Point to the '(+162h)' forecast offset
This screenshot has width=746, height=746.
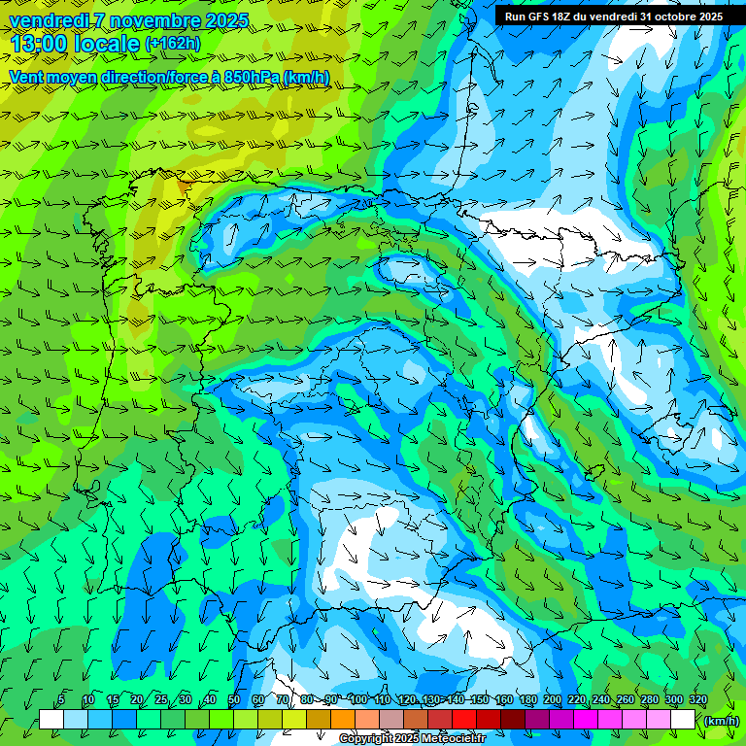[172, 44]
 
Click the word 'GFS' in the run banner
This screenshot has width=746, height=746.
[539, 17]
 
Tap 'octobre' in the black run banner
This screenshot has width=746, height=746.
[666, 17]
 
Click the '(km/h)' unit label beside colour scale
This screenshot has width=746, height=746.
[722, 721]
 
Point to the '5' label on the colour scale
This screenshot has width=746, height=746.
[62, 700]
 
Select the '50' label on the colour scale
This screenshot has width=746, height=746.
[234, 700]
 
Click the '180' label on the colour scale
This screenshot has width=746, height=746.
[527, 700]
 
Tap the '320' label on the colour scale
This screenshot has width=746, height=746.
[697, 700]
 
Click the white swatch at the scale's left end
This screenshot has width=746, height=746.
[51, 720]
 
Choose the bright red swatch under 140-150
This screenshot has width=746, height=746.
[464, 720]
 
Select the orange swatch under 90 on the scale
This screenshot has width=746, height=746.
[343, 720]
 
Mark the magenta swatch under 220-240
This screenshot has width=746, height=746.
[587, 720]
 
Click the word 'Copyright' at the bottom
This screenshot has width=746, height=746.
[367, 739]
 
